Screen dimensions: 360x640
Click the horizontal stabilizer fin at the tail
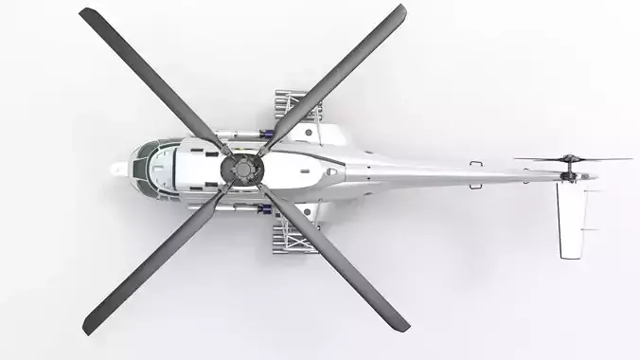coord(571,218)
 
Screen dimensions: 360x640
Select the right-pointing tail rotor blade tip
coord(628,159)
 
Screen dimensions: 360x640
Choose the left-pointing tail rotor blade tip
coord(517,159)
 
